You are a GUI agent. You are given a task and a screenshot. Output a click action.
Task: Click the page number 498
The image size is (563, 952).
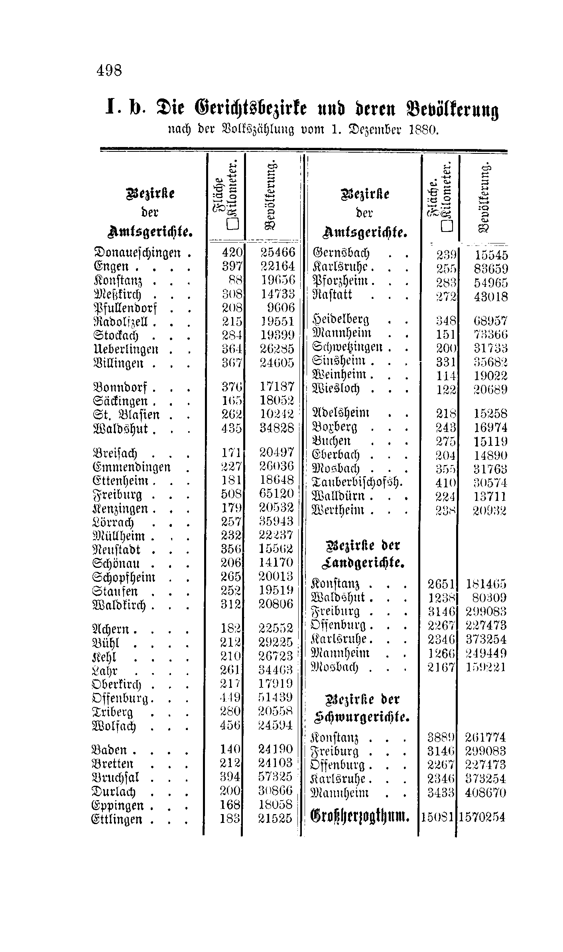coord(109,71)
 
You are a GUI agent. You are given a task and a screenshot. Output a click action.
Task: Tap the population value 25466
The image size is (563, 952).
coord(278,252)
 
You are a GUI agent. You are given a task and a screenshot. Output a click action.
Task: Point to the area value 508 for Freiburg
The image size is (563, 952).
coord(231,495)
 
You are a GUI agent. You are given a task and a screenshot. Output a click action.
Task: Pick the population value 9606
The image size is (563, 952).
coord(281,307)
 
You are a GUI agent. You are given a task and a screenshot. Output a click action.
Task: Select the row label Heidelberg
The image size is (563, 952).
coord(341,320)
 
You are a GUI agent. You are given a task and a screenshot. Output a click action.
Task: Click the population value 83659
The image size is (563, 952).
coord(491,269)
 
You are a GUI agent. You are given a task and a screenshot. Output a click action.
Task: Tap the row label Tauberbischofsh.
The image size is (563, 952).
coord(357,483)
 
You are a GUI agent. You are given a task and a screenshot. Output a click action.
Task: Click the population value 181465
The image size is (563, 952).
coord(486,585)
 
